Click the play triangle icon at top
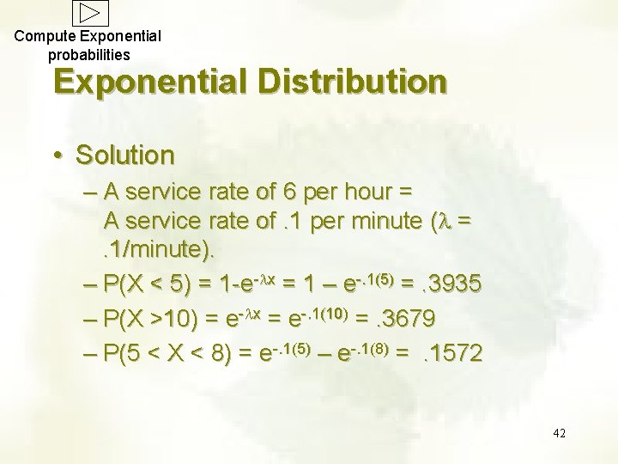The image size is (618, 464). coord(91,12)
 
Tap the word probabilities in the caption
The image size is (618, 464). coord(89,54)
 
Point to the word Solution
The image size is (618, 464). coord(125,156)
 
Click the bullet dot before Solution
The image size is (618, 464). coord(57,156)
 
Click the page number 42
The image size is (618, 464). coord(559,432)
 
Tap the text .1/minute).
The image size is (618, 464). coord(161,252)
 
